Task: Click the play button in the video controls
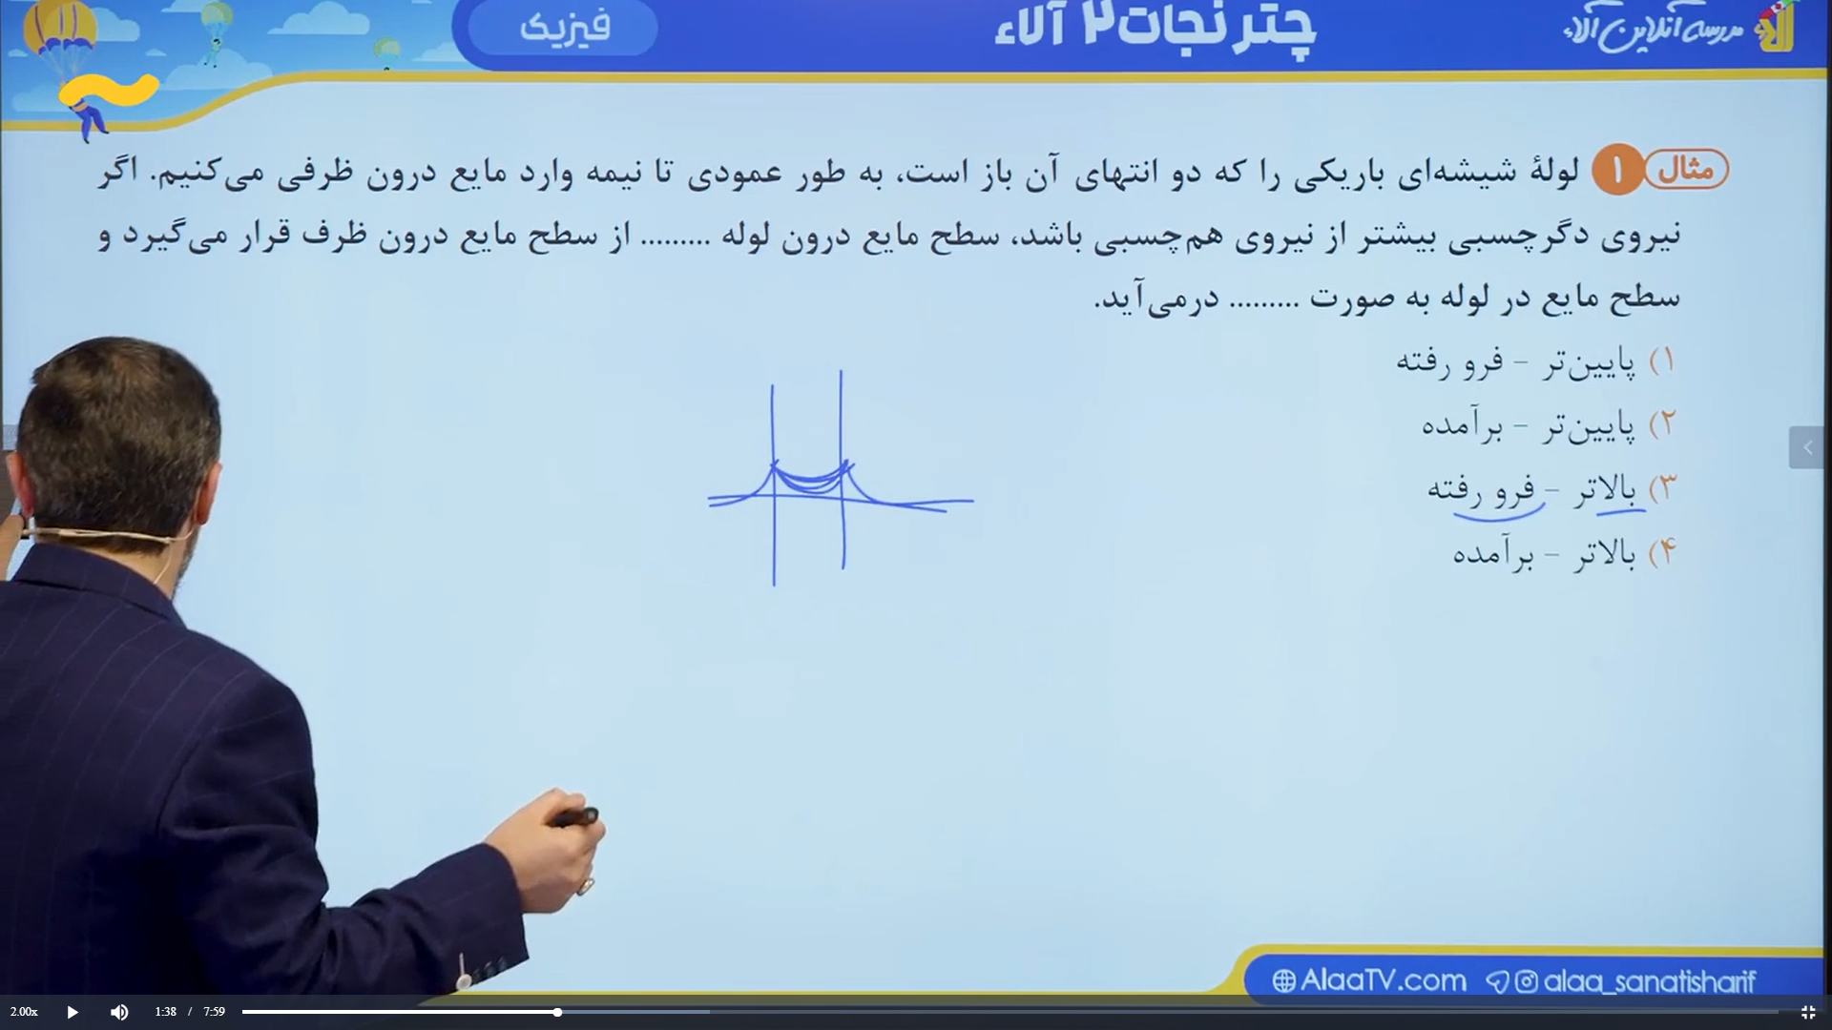click(x=73, y=1012)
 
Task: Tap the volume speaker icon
click(x=119, y=1012)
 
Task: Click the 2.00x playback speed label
click(x=24, y=1012)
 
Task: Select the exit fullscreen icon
click(x=1807, y=1012)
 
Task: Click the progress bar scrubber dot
click(x=557, y=1012)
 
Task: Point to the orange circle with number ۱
click(x=1616, y=170)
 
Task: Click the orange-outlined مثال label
click(x=1687, y=170)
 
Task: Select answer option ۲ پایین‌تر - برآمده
click(x=1548, y=424)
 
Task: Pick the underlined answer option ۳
click(x=1551, y=490)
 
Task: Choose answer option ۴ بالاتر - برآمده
click(x=1564, y=553)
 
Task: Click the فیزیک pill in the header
click(x=563, y=27)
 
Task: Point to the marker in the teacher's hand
click(x=575, y=817)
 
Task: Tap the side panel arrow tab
click(x=1806, y=447)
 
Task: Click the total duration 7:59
click(x=214, y=1012)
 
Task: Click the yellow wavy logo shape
click(x=108, y=92)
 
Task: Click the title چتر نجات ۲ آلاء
click(x=1155, y=29)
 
